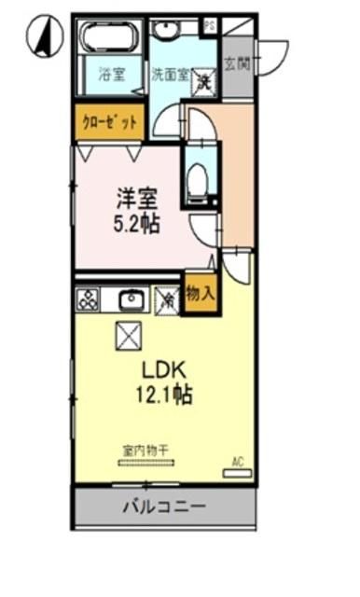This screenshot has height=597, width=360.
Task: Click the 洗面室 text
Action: pyautogui.click(x=172, y=71)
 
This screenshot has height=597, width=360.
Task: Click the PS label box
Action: pyautogui.click(x=210, y=25)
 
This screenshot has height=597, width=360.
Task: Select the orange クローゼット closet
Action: pyautogui.click(x=109, y=122)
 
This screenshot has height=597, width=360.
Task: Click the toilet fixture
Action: pyautogui.click(x=197, y=177)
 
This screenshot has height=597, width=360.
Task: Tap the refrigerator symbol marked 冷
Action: pyautogui.click(x=168, y=299)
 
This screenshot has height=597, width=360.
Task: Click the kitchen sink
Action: pyautogui.click(x=131, y=299)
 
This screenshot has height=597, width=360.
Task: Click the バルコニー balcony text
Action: pyautogui.click(x=164, y=507)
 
